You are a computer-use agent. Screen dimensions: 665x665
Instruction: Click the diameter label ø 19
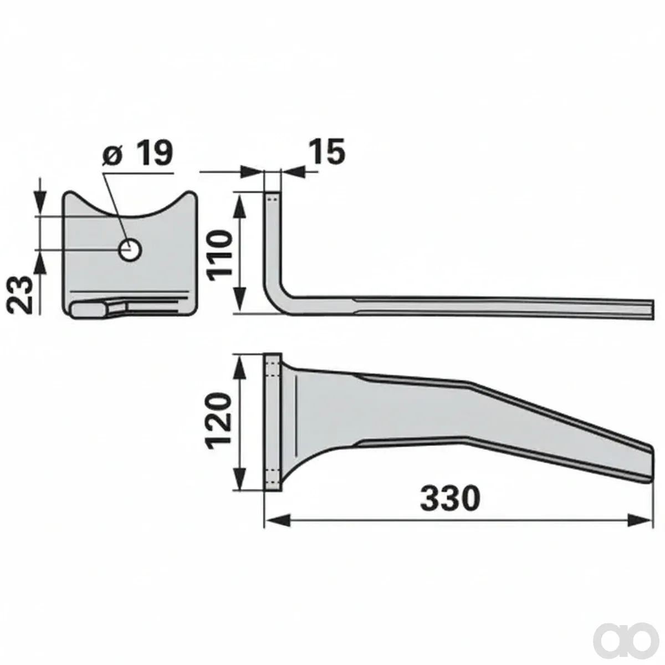pos(137,152)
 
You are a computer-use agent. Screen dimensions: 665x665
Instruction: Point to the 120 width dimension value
pos(218,423)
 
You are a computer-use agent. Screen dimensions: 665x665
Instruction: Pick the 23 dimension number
pos(21,294)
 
